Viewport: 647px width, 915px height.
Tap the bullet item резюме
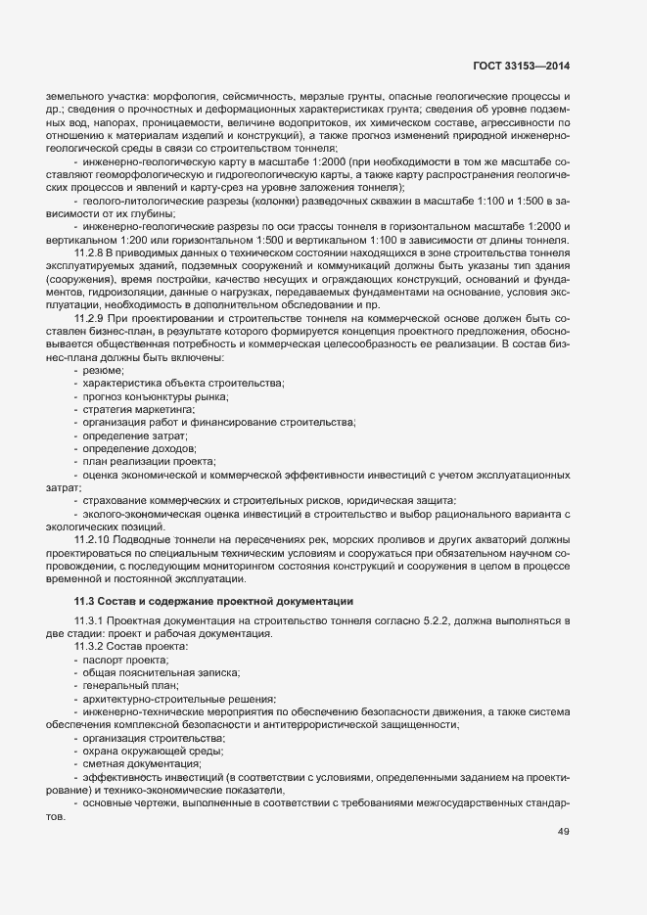(103, 371)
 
